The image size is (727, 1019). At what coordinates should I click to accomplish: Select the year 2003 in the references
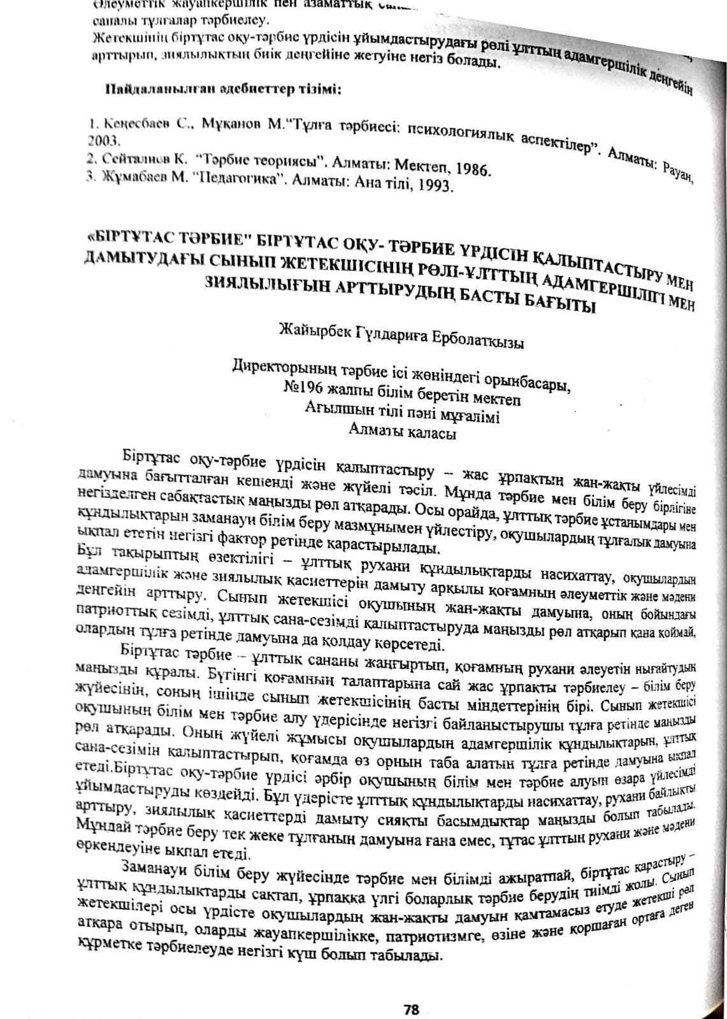point(101,139)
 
